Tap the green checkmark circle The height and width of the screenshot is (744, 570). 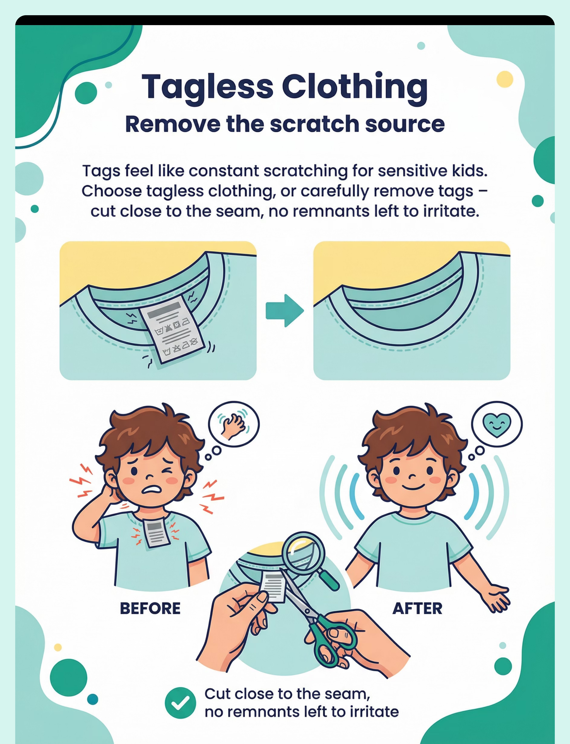point(180,703)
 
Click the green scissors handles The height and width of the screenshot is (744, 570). point(334,640)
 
